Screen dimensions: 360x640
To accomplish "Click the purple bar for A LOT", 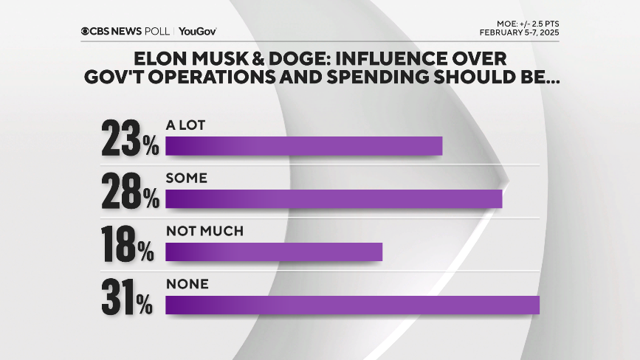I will (303, 146).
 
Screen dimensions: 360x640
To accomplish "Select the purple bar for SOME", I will (334, 199).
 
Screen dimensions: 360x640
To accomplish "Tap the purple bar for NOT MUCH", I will (274, 252).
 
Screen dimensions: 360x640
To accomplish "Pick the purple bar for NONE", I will (352, 305).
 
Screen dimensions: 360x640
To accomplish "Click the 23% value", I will (131, 138).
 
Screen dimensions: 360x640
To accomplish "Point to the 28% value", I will (131, 191).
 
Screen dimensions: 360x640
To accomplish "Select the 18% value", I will (129, 244).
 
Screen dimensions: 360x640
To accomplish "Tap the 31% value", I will (129, 297).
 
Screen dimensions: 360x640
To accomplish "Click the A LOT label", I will (185, 125).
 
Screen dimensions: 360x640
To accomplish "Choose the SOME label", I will (187, 179).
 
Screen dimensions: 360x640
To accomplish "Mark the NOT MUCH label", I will (204, 232).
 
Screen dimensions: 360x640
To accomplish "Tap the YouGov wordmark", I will (197, 31).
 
